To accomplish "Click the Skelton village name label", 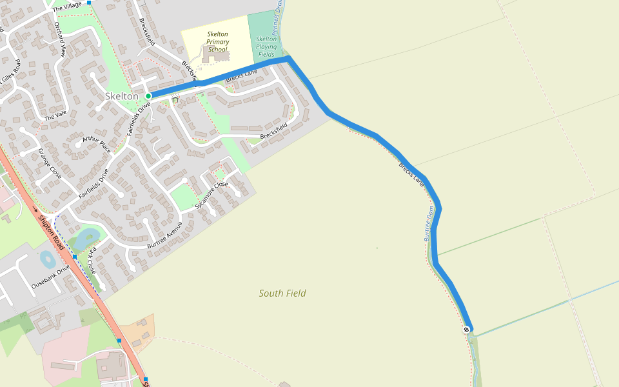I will [x=121, y=96].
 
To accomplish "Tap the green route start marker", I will [x=148, y=96].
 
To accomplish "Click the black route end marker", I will [x=466, y=330].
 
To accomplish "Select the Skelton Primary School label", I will [x=218, y=41].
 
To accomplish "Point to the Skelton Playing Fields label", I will [x=266, y=46].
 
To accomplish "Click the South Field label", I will [x=282, y=293].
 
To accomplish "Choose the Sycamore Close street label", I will [x=212, y=194].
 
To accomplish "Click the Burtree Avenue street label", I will [x=165, y=236].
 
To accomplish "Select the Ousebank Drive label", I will [x=50, y=276].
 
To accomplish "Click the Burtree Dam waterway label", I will [x=429, y=224].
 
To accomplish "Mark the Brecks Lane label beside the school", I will [x=241, y=75].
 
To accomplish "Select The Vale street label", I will [x=55, y=116].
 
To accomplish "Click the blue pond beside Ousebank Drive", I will [x=48, y=259].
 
